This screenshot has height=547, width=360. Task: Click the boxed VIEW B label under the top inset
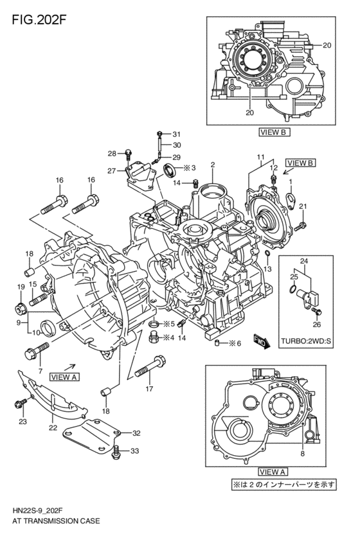(x=274, y=132)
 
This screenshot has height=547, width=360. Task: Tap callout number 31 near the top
(x=177, y=133)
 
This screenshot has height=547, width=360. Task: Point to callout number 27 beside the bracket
(x=112, y=170)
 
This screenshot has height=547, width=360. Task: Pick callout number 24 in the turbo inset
(x=304, y=261)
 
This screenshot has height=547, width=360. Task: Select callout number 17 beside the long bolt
(x=149, y=388)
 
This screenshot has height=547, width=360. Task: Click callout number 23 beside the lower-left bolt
(x=22, y=422)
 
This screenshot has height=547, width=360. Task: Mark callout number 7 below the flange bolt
(x=40, y=371)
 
